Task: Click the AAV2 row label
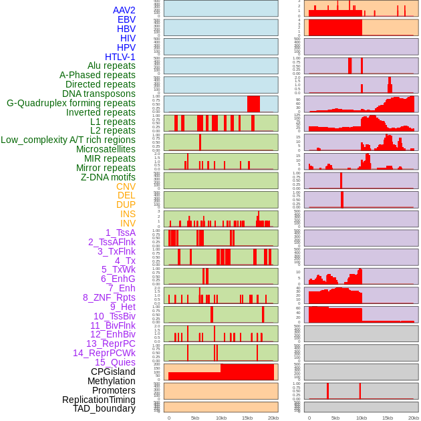[124, 10]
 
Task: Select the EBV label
[126, 19]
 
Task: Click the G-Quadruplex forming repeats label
[71, 103]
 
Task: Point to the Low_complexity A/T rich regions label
[68, 140]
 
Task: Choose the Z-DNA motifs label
[108, 177]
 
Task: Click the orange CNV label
[126, 186]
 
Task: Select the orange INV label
[128, 223]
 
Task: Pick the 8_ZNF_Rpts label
[109, 297]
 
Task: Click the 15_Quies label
[114, 362]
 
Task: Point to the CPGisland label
[113, 372]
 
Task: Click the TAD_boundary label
[104, 408]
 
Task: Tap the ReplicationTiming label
[98, 400]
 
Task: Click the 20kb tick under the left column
[273, 418]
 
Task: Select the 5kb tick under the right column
[335, 418]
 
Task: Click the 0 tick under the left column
[168, 418]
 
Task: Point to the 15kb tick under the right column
[387, 418]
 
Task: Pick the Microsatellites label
[106, 149]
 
